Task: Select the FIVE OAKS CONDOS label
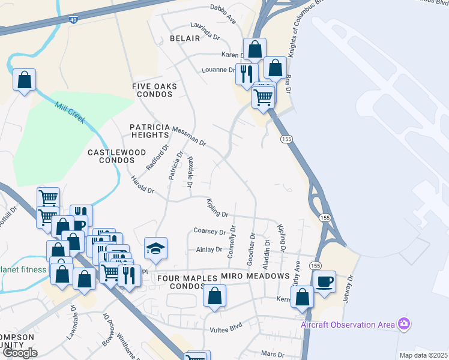pyautogui.click(x=155, y=91)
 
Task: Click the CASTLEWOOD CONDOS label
pyautogui.click(x=117, y=157)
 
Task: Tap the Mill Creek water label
pyautogui.click(x=70, y=113)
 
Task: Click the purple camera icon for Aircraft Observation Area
pyautogui.click(x=404, y=324)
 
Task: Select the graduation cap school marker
pyautogui.click(x=155, y=248)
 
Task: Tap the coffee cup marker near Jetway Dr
pyautogui.click(x=324, y=281)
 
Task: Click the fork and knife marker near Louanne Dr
pyautogui.click(x=246, y=74)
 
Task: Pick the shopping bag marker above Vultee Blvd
pyautogui.click(x=214, y=295)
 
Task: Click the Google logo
pyautogui.click(x=20, y=353)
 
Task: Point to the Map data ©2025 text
pyautogui.click(x=423, y=355)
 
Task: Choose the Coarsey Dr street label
pyautogui.click(x=209, y=231)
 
